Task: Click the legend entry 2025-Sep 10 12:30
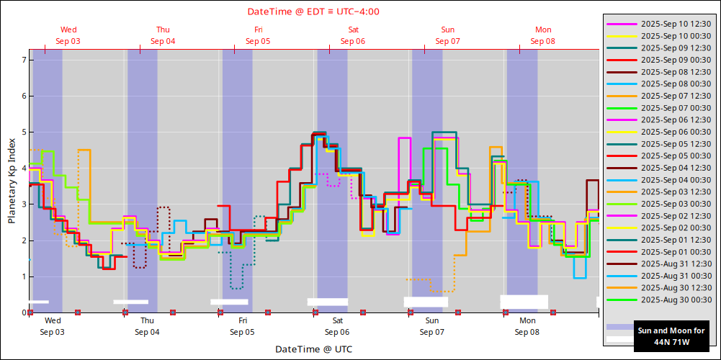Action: [676, 24]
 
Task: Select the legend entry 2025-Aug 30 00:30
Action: [676, 300]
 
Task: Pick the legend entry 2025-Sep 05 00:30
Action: [676, 156]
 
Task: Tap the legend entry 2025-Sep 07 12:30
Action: [676, 96]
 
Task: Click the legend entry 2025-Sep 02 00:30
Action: [676, 228]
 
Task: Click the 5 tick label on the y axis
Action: [24, 132]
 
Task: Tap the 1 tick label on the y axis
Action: [24, 276]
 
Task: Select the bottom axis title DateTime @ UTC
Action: [313, 349]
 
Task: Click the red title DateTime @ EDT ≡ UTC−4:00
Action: [313, 12]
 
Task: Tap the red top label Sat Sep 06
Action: [353, 35]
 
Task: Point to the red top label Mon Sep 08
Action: [543, 35]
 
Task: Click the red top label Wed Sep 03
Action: [68, 35]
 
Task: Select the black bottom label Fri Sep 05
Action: [243, 326]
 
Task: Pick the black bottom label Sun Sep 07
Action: [432, 326]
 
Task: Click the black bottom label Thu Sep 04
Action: [147, 326]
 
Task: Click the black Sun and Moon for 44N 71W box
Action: [671, 336]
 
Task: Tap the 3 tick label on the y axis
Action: [24, 204]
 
